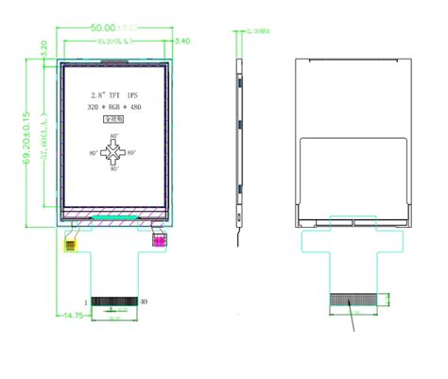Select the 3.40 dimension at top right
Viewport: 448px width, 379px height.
coord(183,42)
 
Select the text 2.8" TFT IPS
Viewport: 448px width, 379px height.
coord(115,96)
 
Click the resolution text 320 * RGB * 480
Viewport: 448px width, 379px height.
coord(115,110)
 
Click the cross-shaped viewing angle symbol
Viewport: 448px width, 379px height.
coord(115,152)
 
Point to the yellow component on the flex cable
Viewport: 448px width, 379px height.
coord(70,243)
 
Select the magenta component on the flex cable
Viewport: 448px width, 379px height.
coord(160,242)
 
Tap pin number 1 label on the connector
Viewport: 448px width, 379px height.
coord(86,301)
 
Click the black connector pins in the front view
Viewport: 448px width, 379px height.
coord(114,301)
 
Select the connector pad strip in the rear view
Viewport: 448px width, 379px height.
coord(354,301)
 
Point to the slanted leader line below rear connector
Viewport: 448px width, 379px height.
coord(356,320)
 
